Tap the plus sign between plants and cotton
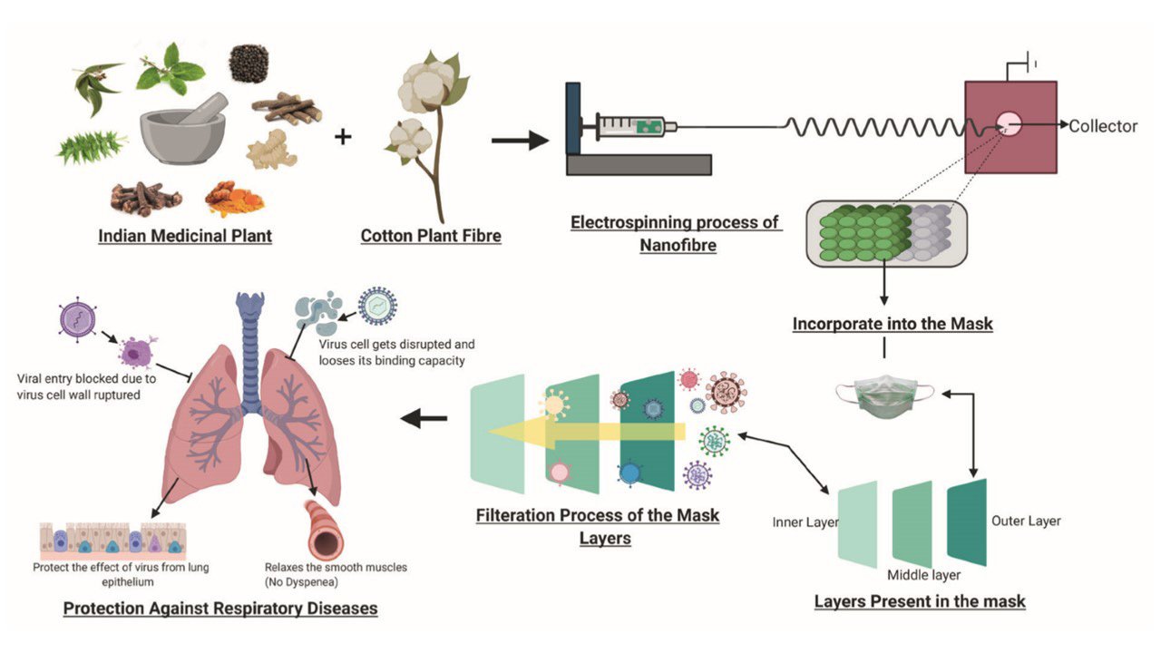pyautogui.click(x=343, y=138)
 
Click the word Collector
pyautogui.click(x=1102, y=126)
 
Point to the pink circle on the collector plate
pyautogui.click(x=1008, y=125)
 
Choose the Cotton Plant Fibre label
pyautogui.click(x=431, y=237)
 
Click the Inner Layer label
pyautogui.click(x=805, y=523)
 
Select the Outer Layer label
pyautogui.click(x=1026, y=521)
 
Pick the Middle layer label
pyautogui.click(x=923, y=575)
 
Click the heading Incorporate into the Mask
pyautogui.click(x=893, y=324)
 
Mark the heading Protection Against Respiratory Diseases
pyautogui.click(x=220, y=608)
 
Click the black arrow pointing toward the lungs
pyautogui.click(x=424, y=418)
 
